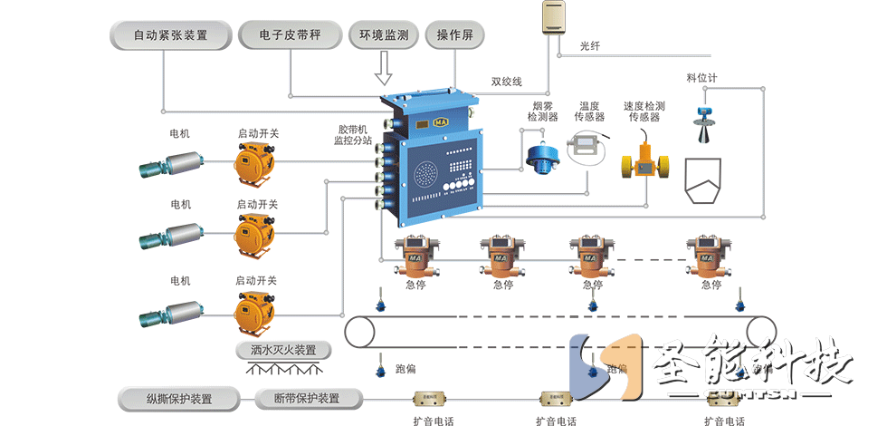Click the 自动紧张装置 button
tap(170, 36)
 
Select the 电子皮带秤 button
tap(291, 36)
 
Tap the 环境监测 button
tap(384, 36)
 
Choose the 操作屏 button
tap(455, 36)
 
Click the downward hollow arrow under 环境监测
tap(384, 68)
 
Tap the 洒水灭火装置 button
tap(282, 350)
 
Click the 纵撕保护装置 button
tap(179, 398)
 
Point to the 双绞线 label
tap(507, 81)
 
